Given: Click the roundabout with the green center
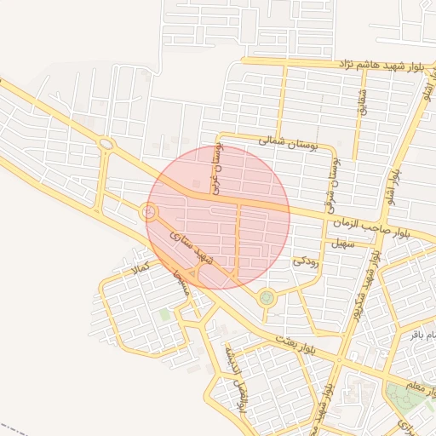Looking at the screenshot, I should pos(267,297).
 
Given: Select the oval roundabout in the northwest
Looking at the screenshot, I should pos(106,144).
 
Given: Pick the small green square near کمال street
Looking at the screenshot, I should pos(164,315).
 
